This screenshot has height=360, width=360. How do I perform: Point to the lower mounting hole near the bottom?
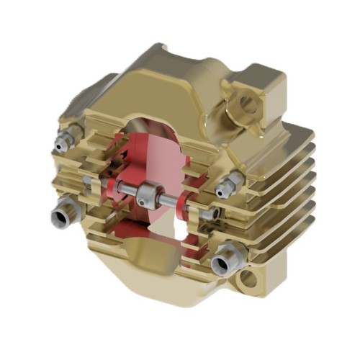[248, 278]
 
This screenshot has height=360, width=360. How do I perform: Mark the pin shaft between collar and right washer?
[171, 199]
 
